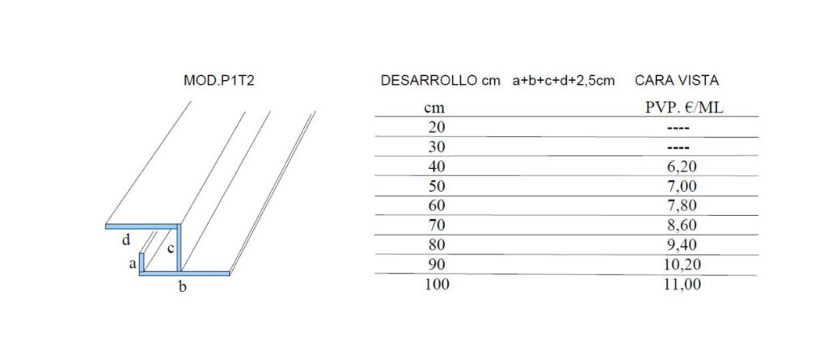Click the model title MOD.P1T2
[219, 81]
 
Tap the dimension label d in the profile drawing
[125, 240]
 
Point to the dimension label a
[133, 264]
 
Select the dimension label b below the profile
[182, 287]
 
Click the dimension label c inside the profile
[171, 248]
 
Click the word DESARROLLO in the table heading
[429, 81]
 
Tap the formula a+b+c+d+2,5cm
[564, 82]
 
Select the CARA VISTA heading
[677, 81]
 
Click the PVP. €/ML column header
[684, 108]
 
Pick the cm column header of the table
[434, 109]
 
